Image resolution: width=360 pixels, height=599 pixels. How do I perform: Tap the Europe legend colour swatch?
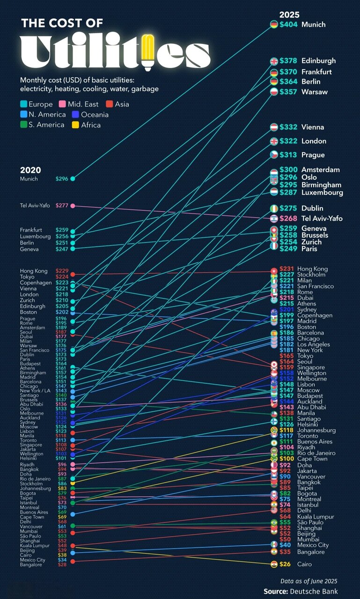pyautogui.click(x=23, y=104)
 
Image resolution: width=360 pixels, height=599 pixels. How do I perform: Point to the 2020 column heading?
pyautogui.click(x=30, y=170)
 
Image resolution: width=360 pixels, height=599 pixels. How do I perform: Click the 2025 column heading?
pyautogui.click(x=289, y=15)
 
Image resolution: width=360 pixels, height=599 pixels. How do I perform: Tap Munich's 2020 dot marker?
pyautogui.click(x=73, y=179)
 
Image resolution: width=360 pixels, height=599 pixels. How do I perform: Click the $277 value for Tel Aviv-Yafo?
pyautogui.click(x=62, y=205)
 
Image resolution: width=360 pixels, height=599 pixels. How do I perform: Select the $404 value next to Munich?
pyautogui.click(x=288, y=24)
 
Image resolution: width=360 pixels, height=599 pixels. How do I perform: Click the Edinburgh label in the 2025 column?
pyautogui.click(x=318, y=61)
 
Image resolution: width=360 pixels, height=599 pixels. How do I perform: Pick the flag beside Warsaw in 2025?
pyautogui.click(x=274, y=92)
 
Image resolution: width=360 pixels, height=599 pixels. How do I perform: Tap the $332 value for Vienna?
pyautogui.click(x=288, y=127)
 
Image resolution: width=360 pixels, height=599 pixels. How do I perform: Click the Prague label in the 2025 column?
pyautogui.click(x=313, y=155)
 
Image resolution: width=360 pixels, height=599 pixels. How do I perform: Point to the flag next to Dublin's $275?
pyautogui.click(x=274, y=208)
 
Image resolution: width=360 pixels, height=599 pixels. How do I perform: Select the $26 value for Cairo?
pyautogui.click(x=285, y=564)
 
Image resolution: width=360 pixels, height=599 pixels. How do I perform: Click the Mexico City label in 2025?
pyautogui.click(x=313, y=545)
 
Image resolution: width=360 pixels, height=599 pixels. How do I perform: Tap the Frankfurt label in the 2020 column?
pyautogui.click(x=31, y=230)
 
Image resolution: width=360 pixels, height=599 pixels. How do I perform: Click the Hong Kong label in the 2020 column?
pyautogui.click(x=34, y=271)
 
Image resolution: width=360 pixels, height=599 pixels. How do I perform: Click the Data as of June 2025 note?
pyautogui.click(x=309, y=581)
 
